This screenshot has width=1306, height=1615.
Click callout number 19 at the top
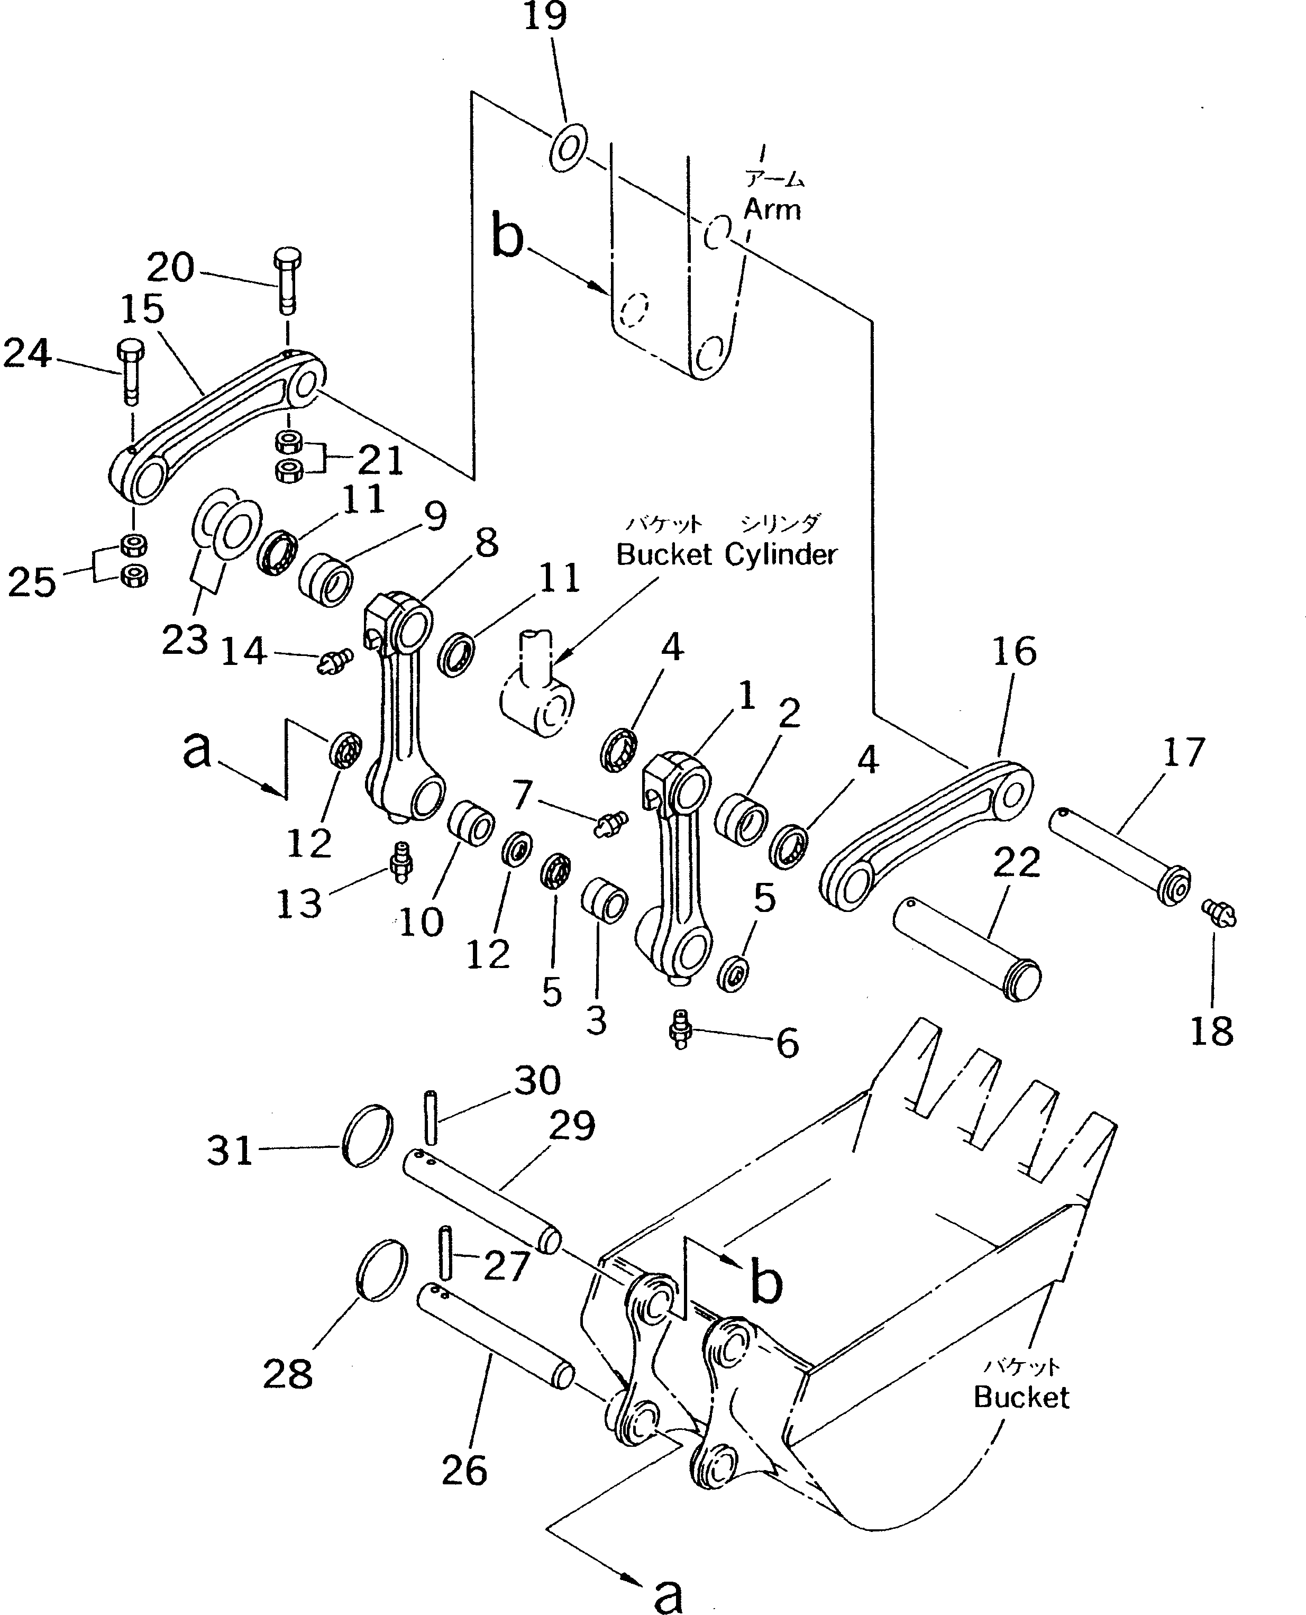545,16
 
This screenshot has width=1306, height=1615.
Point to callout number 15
142,309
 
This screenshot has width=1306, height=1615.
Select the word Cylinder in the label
781,554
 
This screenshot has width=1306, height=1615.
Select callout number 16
1014,651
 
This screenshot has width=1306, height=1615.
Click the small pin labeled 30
431,1116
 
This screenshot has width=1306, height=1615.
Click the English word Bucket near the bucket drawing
1021,1397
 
